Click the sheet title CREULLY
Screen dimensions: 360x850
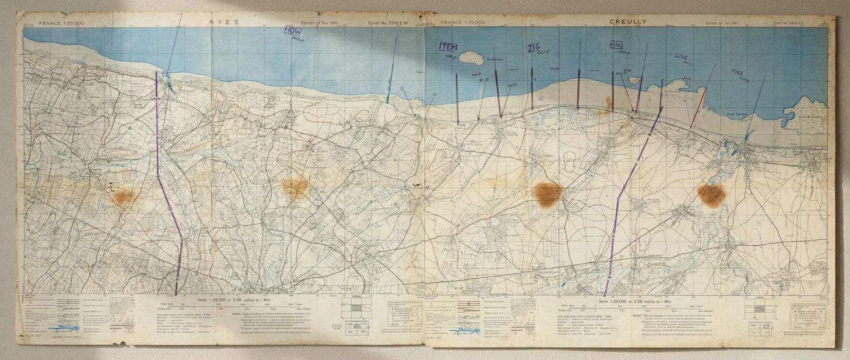(x=629, y=22)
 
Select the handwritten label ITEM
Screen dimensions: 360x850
(x=448, y=47)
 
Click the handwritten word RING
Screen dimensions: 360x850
(x=616, y=46)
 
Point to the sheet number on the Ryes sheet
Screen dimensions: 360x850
(x=387, y=23)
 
